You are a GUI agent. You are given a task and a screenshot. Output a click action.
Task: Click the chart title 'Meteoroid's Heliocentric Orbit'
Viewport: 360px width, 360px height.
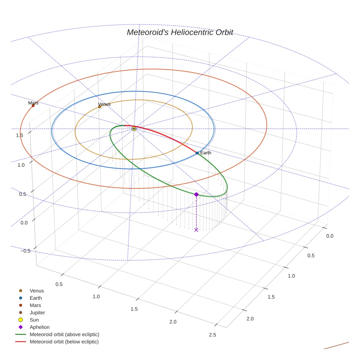[180, 32]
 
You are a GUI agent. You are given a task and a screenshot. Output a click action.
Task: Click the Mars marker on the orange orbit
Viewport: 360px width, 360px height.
[33, 106]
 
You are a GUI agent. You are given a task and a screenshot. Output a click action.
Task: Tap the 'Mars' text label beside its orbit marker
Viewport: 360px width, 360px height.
[33, 103]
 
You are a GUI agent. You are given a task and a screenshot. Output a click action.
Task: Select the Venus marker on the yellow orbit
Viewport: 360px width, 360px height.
[100, 107]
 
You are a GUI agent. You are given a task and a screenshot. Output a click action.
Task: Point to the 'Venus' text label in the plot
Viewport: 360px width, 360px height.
[104, 104]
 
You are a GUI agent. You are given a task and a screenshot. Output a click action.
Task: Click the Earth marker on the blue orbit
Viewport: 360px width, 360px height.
[197, 153]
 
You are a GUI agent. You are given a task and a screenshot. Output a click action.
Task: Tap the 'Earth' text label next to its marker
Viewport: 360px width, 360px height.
[206, 153]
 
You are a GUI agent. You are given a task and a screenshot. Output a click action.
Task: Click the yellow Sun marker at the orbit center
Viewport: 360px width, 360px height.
[134, 129]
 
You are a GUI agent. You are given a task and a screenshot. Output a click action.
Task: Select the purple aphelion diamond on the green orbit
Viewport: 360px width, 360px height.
[196, 194]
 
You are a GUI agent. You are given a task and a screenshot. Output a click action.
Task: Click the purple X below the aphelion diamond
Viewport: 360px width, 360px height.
[196, 230]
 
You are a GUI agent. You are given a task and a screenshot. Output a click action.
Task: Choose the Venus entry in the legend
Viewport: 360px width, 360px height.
[37, 291]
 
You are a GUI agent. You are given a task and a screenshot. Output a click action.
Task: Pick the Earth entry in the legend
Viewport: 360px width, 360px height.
[36, 298]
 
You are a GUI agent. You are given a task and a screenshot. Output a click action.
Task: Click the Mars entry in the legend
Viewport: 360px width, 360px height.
[35, 305]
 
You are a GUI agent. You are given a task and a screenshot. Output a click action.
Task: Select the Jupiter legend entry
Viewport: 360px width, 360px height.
[37, 312]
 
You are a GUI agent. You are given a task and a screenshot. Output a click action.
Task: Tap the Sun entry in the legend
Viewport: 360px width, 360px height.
[34, 320]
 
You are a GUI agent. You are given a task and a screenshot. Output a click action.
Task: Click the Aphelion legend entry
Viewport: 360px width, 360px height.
[40, 327]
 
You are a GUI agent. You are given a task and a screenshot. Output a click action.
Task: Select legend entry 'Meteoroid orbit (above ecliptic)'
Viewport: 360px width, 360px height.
[64, 334]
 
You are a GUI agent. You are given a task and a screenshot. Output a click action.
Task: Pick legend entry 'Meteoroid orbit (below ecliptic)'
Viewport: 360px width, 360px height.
[64, 342]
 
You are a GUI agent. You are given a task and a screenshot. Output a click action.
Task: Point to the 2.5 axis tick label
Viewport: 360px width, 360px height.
[212, 335]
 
